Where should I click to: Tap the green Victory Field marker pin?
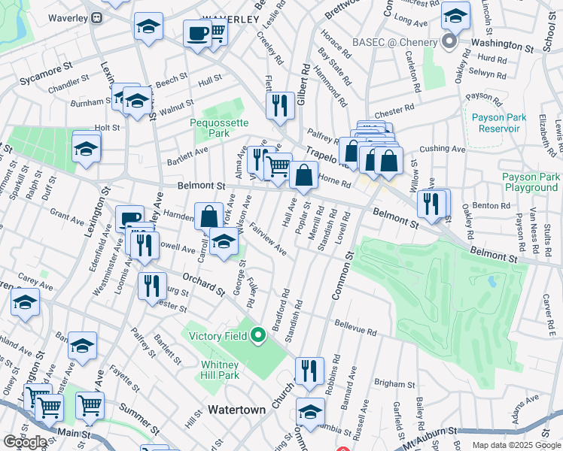click(x=259, y=335)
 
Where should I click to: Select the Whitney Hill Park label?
click(x=220, y=370)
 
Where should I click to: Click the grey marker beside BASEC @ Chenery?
click(x=450, y=42)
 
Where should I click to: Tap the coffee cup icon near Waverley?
click(x=197, y=35)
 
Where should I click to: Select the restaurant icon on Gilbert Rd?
click(x=280, y=107)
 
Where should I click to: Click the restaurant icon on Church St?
click(x=309, y=371)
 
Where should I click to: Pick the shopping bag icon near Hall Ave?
click(x=303, y=176)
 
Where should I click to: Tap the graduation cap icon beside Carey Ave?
click(x=26, y=304)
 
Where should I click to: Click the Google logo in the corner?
click(x=25, y=442)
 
